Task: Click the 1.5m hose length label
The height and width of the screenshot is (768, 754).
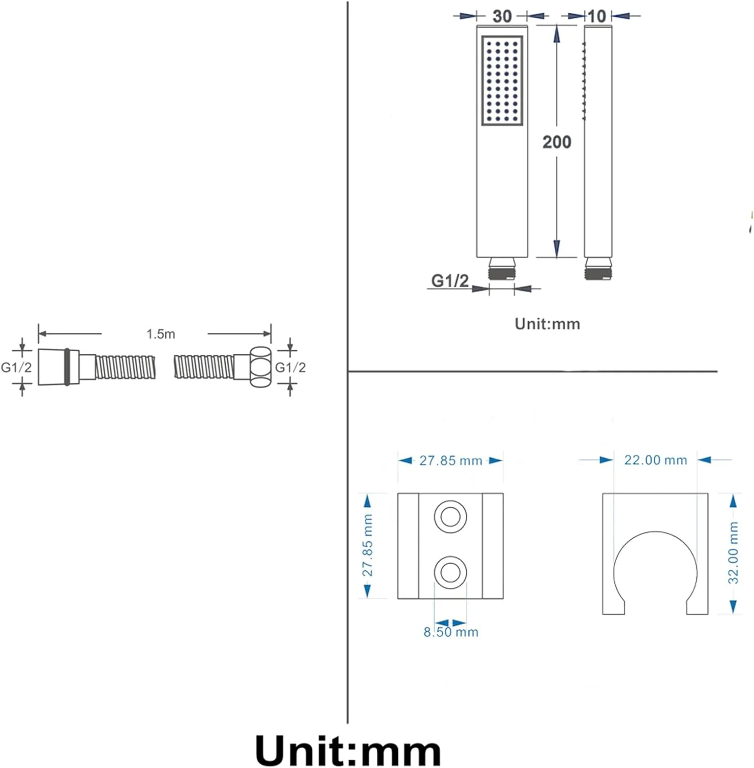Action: (x=161, y=334)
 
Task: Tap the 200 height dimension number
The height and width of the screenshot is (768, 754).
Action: (x=556, y=142)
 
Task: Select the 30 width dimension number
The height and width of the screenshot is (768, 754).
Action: (x=502, y=16)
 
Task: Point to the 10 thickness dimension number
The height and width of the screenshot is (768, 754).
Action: (x=596, y=16)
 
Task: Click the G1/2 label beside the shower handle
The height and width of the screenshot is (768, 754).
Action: (x=450, y=281)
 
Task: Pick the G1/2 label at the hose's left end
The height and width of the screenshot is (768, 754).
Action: (x=16, y=367)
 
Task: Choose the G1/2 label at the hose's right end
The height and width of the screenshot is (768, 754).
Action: (x=290, y=367)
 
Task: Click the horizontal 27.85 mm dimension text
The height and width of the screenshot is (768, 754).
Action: (x=450, y=461)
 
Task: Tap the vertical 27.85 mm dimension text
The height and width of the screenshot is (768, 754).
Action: (x=368, y=545)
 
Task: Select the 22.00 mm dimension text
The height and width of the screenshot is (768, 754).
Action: (x=655, y=460)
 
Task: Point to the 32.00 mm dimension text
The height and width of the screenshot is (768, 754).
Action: (x=734, y=553)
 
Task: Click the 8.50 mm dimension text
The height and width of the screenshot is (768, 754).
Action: (x=450, y=632)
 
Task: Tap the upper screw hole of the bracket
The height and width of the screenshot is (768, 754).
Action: (x=450, y=517)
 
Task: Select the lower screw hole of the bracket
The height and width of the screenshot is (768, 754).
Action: (x=450, y=572)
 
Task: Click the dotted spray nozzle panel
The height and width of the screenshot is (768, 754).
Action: (x=502, y=80)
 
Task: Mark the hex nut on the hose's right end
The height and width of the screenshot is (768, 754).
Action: (x=260, y=367)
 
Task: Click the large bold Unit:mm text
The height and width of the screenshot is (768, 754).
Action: (x=348, y=751)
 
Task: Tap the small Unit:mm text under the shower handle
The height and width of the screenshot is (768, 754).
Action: (x=547, y=324)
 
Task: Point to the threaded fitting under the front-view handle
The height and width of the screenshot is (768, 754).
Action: (x=502, y=269)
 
